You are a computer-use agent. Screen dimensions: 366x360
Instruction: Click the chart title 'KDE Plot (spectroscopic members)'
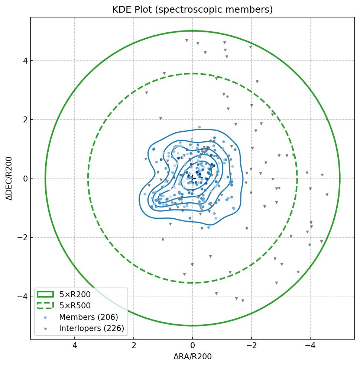tap(192, 10)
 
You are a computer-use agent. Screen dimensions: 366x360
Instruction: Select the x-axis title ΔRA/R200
tap(192, 357)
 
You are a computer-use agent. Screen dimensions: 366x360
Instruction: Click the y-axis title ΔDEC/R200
tap(9, 178)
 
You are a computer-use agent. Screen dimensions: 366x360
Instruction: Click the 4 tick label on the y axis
tap(25, 60)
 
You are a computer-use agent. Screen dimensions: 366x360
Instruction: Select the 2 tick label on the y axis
tap(25, 119)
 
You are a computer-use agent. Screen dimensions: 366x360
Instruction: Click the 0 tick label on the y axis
tap(25, 179)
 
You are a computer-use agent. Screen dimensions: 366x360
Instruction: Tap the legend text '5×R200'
tap(75, 295)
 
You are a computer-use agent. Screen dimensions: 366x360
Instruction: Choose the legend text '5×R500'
tap(75, 306)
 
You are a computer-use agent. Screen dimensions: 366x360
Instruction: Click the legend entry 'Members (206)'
tap(88, 317)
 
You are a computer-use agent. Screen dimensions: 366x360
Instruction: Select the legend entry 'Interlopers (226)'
tap(91, 328)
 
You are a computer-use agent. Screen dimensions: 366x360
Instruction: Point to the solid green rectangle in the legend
tap(45, 295)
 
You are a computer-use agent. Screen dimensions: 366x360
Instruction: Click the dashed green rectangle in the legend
tap(45, 306)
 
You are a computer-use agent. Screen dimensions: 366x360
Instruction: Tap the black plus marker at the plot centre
tap(192, 178)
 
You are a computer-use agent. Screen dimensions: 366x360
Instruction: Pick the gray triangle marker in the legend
tap(45, 329)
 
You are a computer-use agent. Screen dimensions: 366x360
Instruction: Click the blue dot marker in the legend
tap(45, 317)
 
